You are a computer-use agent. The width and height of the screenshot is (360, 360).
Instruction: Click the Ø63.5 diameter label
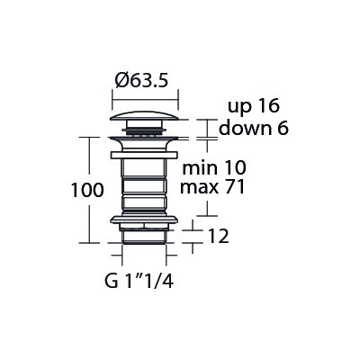pyautogui.click(x=141, y=81)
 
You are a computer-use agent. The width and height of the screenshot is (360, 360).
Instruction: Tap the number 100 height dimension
pyautogui.click(x=87, y=190)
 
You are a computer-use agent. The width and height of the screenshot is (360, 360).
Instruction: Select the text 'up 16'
pyautogui.click(x=254, y=106)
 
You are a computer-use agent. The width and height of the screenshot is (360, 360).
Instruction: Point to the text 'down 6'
pyautogui.click(x=254, y=128)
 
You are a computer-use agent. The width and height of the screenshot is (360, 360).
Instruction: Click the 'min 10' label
pyautogui.click(x=214, y=167)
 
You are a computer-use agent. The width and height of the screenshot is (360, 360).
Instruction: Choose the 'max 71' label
pyautogui.click(x=212, y=187)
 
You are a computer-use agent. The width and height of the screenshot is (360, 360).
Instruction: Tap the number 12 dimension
pyautogui.click(x=219, y=237)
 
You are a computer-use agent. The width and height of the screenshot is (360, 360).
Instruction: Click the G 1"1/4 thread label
pyautogui.click(x=139, y=281)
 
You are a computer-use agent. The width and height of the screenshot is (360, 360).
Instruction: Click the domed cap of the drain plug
pyautogui.click(x=145, y=116)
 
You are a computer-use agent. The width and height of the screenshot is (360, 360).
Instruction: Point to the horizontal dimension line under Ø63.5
pyautogui.click(x=145, y=101)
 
